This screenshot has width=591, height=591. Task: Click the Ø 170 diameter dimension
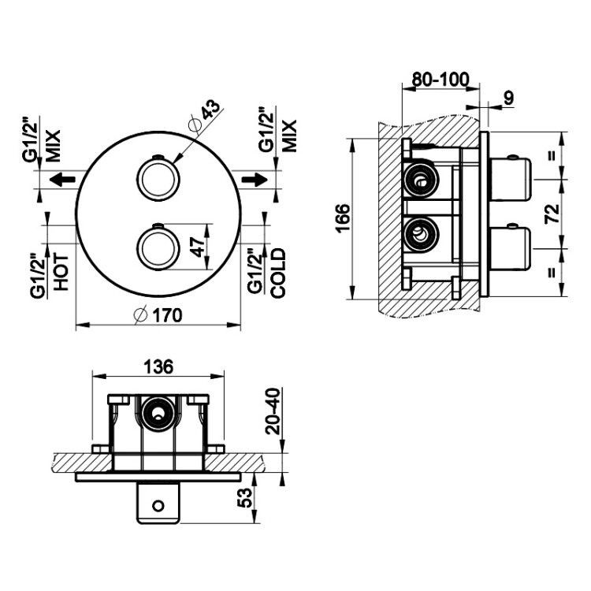[x=158, y=316]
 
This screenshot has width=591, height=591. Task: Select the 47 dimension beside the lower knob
[x=199, y=247]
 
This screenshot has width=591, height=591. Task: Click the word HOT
[x=61, y=272]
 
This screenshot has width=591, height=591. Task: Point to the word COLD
[x=278, y=273]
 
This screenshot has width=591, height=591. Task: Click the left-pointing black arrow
[x=62, y=179]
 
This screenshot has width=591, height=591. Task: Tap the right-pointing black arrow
[x=255, y=179]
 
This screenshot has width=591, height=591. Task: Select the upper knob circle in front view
[x=158, y=179]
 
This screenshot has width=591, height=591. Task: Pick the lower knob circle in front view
[x=158, y=248]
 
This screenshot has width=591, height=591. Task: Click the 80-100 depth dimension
[x=440, y=79]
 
